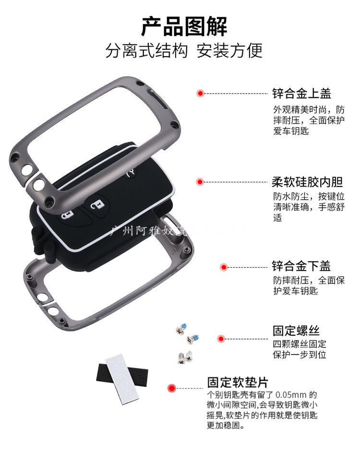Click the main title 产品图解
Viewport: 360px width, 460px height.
(x=184, y=26)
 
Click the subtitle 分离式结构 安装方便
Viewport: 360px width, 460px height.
(x=184, y=51)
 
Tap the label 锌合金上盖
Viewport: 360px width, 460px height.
(x=301, y=93)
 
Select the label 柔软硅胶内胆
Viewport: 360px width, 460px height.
(x=308, y=182)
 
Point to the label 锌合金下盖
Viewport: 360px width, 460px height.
(x=301, y=266)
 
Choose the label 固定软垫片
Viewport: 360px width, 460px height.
(x=238, y=382)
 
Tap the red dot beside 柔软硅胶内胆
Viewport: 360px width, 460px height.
(x=200, y=182)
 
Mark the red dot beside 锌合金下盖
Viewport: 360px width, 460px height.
(x=223, y=267)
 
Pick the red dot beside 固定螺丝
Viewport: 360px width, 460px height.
(x=221, y=339)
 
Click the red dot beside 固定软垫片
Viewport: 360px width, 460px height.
(x=171, y=388)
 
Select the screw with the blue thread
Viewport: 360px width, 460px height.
(x=193, y=339)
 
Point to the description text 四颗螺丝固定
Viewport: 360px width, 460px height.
(x=300, y=344)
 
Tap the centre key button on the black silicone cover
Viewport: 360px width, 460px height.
(x=97, y=205)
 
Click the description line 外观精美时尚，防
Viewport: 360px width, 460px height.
(x=309, y=109)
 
